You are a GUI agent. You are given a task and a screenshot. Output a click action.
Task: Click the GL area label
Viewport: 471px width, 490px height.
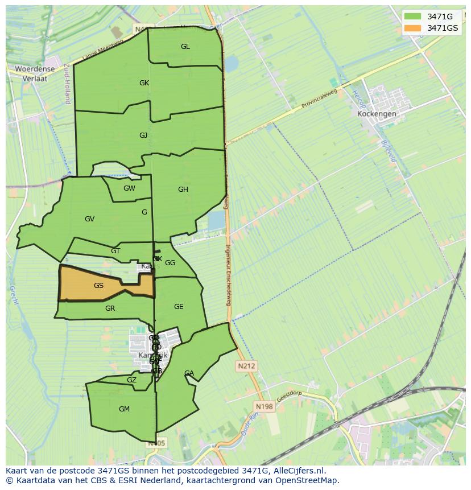[x=185, y=47]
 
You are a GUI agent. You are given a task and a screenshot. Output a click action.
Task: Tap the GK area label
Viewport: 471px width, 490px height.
[x=144, y=83]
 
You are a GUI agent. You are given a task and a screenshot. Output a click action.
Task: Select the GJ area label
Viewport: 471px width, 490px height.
[x=143, y=135]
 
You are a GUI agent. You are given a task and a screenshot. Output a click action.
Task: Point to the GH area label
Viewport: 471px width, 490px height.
[x=183, y=190]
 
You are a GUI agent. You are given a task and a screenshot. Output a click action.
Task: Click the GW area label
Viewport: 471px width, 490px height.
[x=129, y=188]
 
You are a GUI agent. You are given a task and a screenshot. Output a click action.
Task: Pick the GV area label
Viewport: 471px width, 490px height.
[x=89, y=219]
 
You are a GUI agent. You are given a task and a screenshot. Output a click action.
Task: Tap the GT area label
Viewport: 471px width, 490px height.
[x=115, y=251]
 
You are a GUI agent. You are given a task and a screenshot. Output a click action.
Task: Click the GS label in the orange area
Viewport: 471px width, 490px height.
[x=98, y=286]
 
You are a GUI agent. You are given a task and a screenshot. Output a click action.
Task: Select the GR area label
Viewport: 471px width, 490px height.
[x=110, y=308]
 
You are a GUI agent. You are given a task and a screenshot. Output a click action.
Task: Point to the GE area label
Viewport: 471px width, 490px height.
[x=179, y=307]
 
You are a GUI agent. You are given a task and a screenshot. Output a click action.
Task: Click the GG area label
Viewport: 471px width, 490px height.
[x=170, y=263]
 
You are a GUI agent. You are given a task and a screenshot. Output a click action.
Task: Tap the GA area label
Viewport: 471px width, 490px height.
[x=189, y=373]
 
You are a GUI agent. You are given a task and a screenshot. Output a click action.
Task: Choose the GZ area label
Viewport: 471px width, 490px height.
[x=131, y=380]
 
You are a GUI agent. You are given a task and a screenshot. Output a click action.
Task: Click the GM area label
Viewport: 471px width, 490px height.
[x=124, y=409]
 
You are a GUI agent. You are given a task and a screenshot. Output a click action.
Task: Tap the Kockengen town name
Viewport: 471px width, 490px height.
[x=377, y=114]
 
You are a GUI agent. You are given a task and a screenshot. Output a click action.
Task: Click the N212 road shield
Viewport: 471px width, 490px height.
[x=247, y=367]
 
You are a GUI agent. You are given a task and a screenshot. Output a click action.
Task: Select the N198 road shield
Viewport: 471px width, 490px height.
[x=264, y=406]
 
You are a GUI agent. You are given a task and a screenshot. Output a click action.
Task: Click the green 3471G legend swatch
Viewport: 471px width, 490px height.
[x=413, y=17]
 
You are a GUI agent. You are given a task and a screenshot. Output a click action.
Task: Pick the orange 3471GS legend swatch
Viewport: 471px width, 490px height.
[x=413, y=28]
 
